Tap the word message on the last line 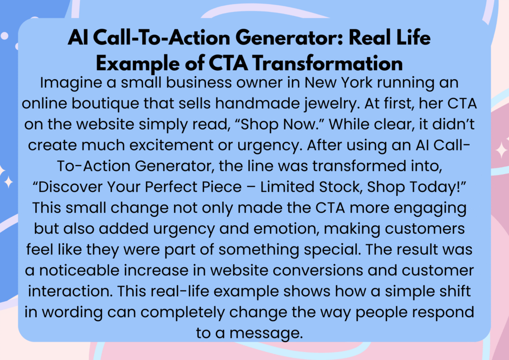[266, 334]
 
